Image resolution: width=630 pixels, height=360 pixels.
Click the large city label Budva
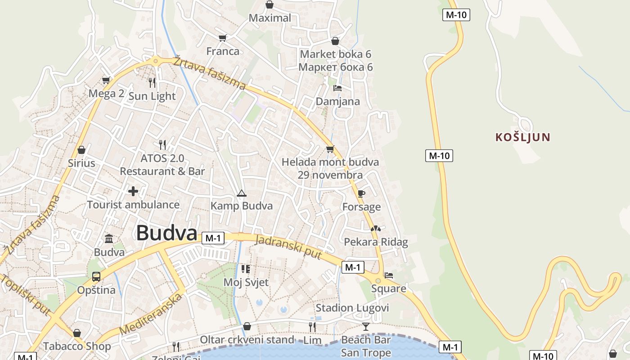click(166, 233)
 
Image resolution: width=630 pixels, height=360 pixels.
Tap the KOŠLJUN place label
click(523, 137)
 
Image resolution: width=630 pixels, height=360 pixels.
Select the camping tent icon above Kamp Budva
click(242, 193)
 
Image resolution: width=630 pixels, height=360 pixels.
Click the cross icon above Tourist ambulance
click(133, 191)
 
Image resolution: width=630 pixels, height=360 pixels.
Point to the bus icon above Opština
click(96, 276)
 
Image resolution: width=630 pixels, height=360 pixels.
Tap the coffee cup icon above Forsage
click(361, 193)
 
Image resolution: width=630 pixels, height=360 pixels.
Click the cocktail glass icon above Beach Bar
click(366, 326)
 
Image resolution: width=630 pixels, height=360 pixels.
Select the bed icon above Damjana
click(337, 88)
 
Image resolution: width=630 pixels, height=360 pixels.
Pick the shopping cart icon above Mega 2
click(106, 80)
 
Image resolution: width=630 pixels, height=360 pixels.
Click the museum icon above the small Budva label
click(109, 238)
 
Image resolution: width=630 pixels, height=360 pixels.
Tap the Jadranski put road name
click(288, 247)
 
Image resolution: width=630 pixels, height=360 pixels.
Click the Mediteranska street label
click(152, 314)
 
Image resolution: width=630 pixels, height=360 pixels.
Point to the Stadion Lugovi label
click(352, 308)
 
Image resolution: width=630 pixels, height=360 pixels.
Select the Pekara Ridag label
click(376, 242)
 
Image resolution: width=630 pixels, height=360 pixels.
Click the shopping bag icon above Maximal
click(269, 5)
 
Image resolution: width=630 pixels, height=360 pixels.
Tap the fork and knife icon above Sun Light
click(152, 82)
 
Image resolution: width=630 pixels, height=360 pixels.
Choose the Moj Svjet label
click(246, 283)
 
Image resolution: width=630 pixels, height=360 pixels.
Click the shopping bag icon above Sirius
click(81, 149)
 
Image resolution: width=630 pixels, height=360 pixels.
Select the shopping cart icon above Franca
click(222, 38)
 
